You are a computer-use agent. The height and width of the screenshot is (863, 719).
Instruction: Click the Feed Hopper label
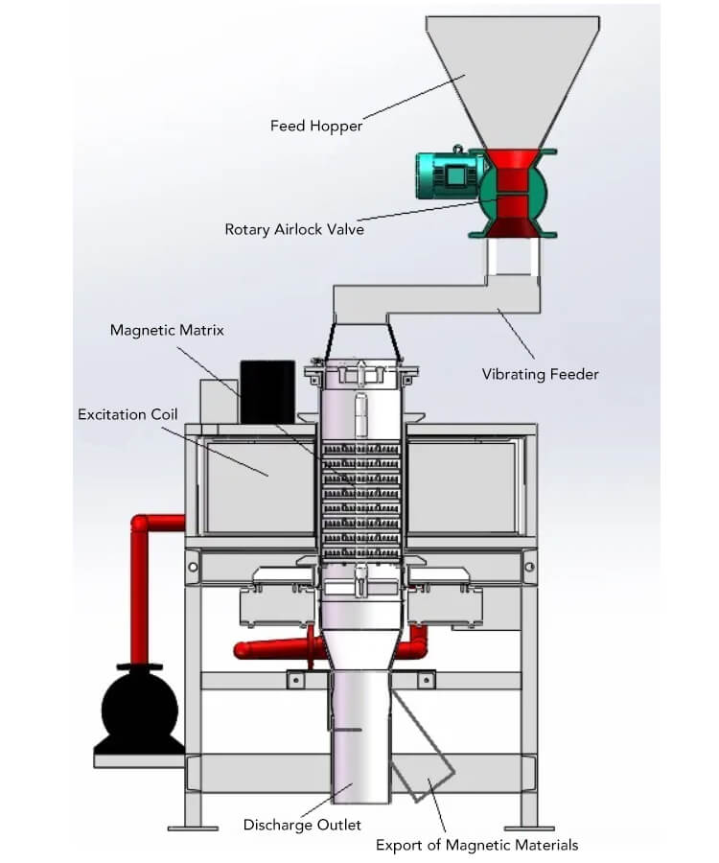(x=316, y=126)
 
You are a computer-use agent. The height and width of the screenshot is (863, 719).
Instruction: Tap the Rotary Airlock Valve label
(x=294, y=229)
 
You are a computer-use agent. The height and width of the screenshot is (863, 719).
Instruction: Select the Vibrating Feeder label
(x=541, y=374)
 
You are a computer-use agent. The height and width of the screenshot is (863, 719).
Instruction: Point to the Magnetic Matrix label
(x=167, y=330)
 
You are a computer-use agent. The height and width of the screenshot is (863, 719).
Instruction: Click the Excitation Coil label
(x=128, y=414)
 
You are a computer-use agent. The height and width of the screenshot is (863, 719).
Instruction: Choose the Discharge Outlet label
(x=302, y=825)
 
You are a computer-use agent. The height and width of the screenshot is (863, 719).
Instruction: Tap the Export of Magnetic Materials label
(x=477, y=845)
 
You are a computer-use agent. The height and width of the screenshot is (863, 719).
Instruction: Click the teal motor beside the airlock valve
(x=450, y=175)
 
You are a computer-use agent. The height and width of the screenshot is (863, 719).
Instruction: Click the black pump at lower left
(x=140, y=709)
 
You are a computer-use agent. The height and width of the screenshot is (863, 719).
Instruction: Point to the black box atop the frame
(x=267, y=391)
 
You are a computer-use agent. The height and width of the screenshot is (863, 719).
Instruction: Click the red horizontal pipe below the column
(x=272, y=649)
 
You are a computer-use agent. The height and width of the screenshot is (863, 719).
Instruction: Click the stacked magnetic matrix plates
(x=360, y=500)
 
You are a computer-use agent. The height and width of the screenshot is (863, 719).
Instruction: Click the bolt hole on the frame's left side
(x=193, y=567)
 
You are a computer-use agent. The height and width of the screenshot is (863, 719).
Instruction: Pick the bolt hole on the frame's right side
(x=529, y=567)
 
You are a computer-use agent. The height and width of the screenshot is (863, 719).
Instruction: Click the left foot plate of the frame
(x=193, y=828)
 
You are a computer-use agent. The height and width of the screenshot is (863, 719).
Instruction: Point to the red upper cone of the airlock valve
(x=512, y=158)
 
